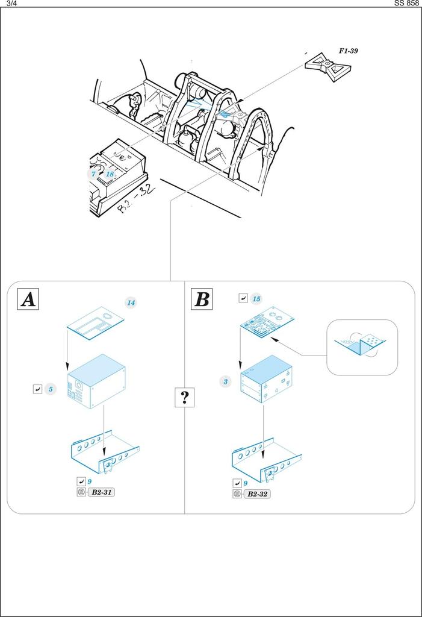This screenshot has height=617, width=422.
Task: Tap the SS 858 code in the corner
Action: coord(406,3)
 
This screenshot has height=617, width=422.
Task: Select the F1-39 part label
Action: coord(349,51)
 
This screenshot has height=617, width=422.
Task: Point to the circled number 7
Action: coord(93,174)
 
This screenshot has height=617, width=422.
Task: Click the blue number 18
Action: coord(110,174)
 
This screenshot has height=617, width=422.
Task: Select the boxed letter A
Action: coord(28,299)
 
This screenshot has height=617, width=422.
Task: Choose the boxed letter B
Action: coord(202,299)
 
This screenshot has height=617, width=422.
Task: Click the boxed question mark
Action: coord(184,397)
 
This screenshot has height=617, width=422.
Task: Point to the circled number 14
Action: coord(131,302)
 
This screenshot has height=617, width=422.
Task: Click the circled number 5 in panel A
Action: coord(51,390)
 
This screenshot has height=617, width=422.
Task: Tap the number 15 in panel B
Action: coord(256,299)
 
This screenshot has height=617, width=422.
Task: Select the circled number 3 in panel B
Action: coord(225,381)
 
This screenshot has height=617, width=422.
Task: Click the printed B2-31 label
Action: coord(101,493)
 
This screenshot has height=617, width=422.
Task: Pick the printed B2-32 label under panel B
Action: coord(257,494)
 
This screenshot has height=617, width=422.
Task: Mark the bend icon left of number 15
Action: coord(243,298)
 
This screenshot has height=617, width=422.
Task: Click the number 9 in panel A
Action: coord(89,482)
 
